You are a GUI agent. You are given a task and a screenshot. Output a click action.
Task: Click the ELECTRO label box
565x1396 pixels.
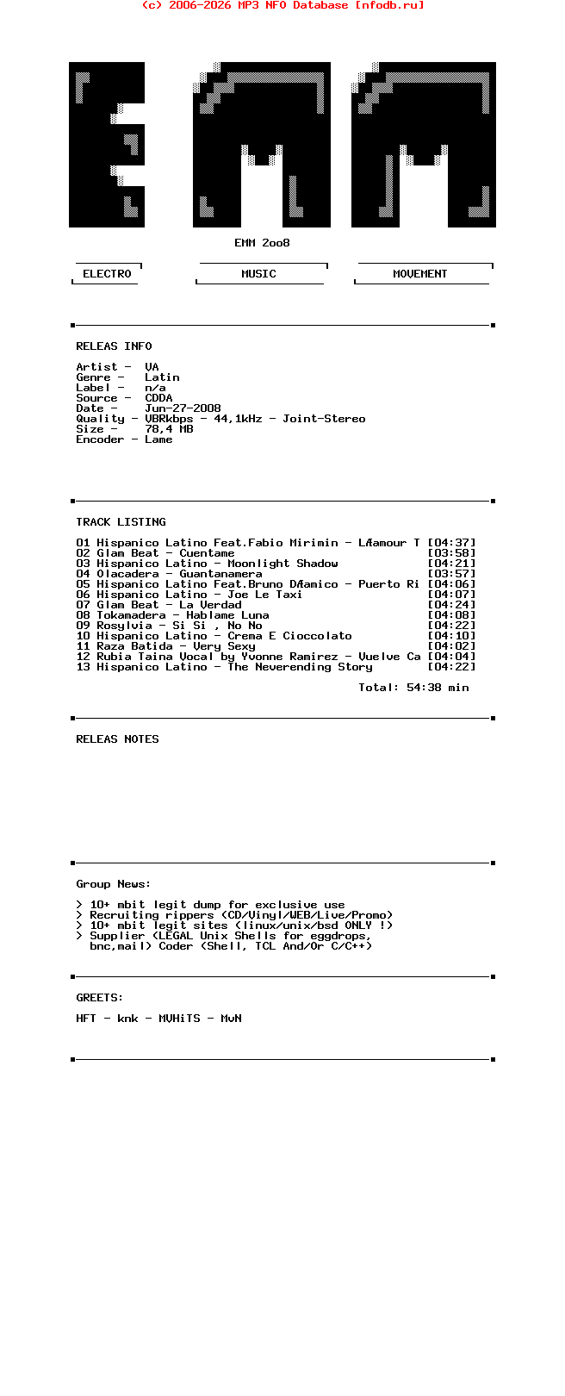[x=107, y=274]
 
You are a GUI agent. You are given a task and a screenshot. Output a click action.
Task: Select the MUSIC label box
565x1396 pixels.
[x=258, y=274]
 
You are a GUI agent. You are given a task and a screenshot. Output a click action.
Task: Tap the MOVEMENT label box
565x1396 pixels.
[x=420, y=274]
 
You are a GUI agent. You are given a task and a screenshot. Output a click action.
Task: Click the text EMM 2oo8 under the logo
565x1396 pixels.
[x=262, y=243]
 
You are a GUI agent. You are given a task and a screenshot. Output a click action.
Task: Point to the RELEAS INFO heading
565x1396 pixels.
[x=114, y=346]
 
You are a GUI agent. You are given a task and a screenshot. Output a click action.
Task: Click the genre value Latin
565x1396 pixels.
[x=162, y=377]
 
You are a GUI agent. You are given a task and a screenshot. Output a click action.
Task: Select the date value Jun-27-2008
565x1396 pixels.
[x=183, y=408]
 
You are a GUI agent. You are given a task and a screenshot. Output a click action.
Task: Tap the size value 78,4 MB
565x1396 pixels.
[x=169, y=429]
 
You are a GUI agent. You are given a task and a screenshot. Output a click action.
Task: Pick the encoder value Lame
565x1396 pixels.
[x=158, y=439]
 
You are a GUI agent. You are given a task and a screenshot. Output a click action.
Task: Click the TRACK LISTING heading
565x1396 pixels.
[x=121, y=522]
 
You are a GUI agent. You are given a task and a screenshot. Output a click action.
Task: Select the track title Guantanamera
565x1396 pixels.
[x=220, y=574]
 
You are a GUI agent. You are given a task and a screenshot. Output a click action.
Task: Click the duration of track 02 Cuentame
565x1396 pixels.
[x=451, y=553]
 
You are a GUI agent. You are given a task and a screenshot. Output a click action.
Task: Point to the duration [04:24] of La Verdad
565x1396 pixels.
[x=451, y=605]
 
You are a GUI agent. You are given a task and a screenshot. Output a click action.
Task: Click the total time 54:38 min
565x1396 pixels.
[x=438, y=688]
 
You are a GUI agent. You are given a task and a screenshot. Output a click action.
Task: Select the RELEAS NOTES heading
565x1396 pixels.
[x=117, y=739]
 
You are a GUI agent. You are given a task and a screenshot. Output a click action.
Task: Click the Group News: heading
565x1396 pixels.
[x=114, y=884]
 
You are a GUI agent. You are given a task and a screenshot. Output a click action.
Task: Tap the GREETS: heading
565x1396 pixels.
[x=100, y=998]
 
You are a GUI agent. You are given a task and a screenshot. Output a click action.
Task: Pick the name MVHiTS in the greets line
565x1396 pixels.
[x=179, y=1019]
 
